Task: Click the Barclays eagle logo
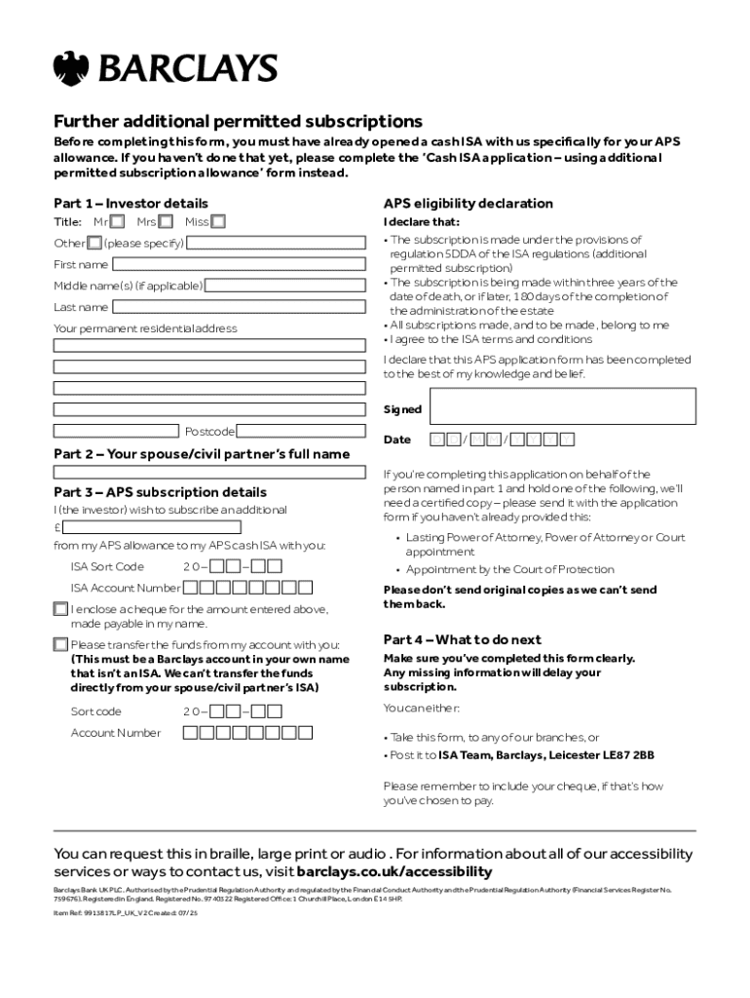[x=71, y=68]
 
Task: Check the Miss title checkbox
[x=218, y=222]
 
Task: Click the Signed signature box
[x=562, y=405]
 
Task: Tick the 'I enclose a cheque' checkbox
[x=60, y=609]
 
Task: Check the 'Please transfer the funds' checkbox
[x=60, y=644]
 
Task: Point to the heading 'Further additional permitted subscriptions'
[x=238, y=122]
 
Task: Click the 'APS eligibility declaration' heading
[x=468, y=204]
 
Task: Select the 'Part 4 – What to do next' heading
[x=462, y=640]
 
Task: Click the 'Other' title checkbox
[x=94, y=243]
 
